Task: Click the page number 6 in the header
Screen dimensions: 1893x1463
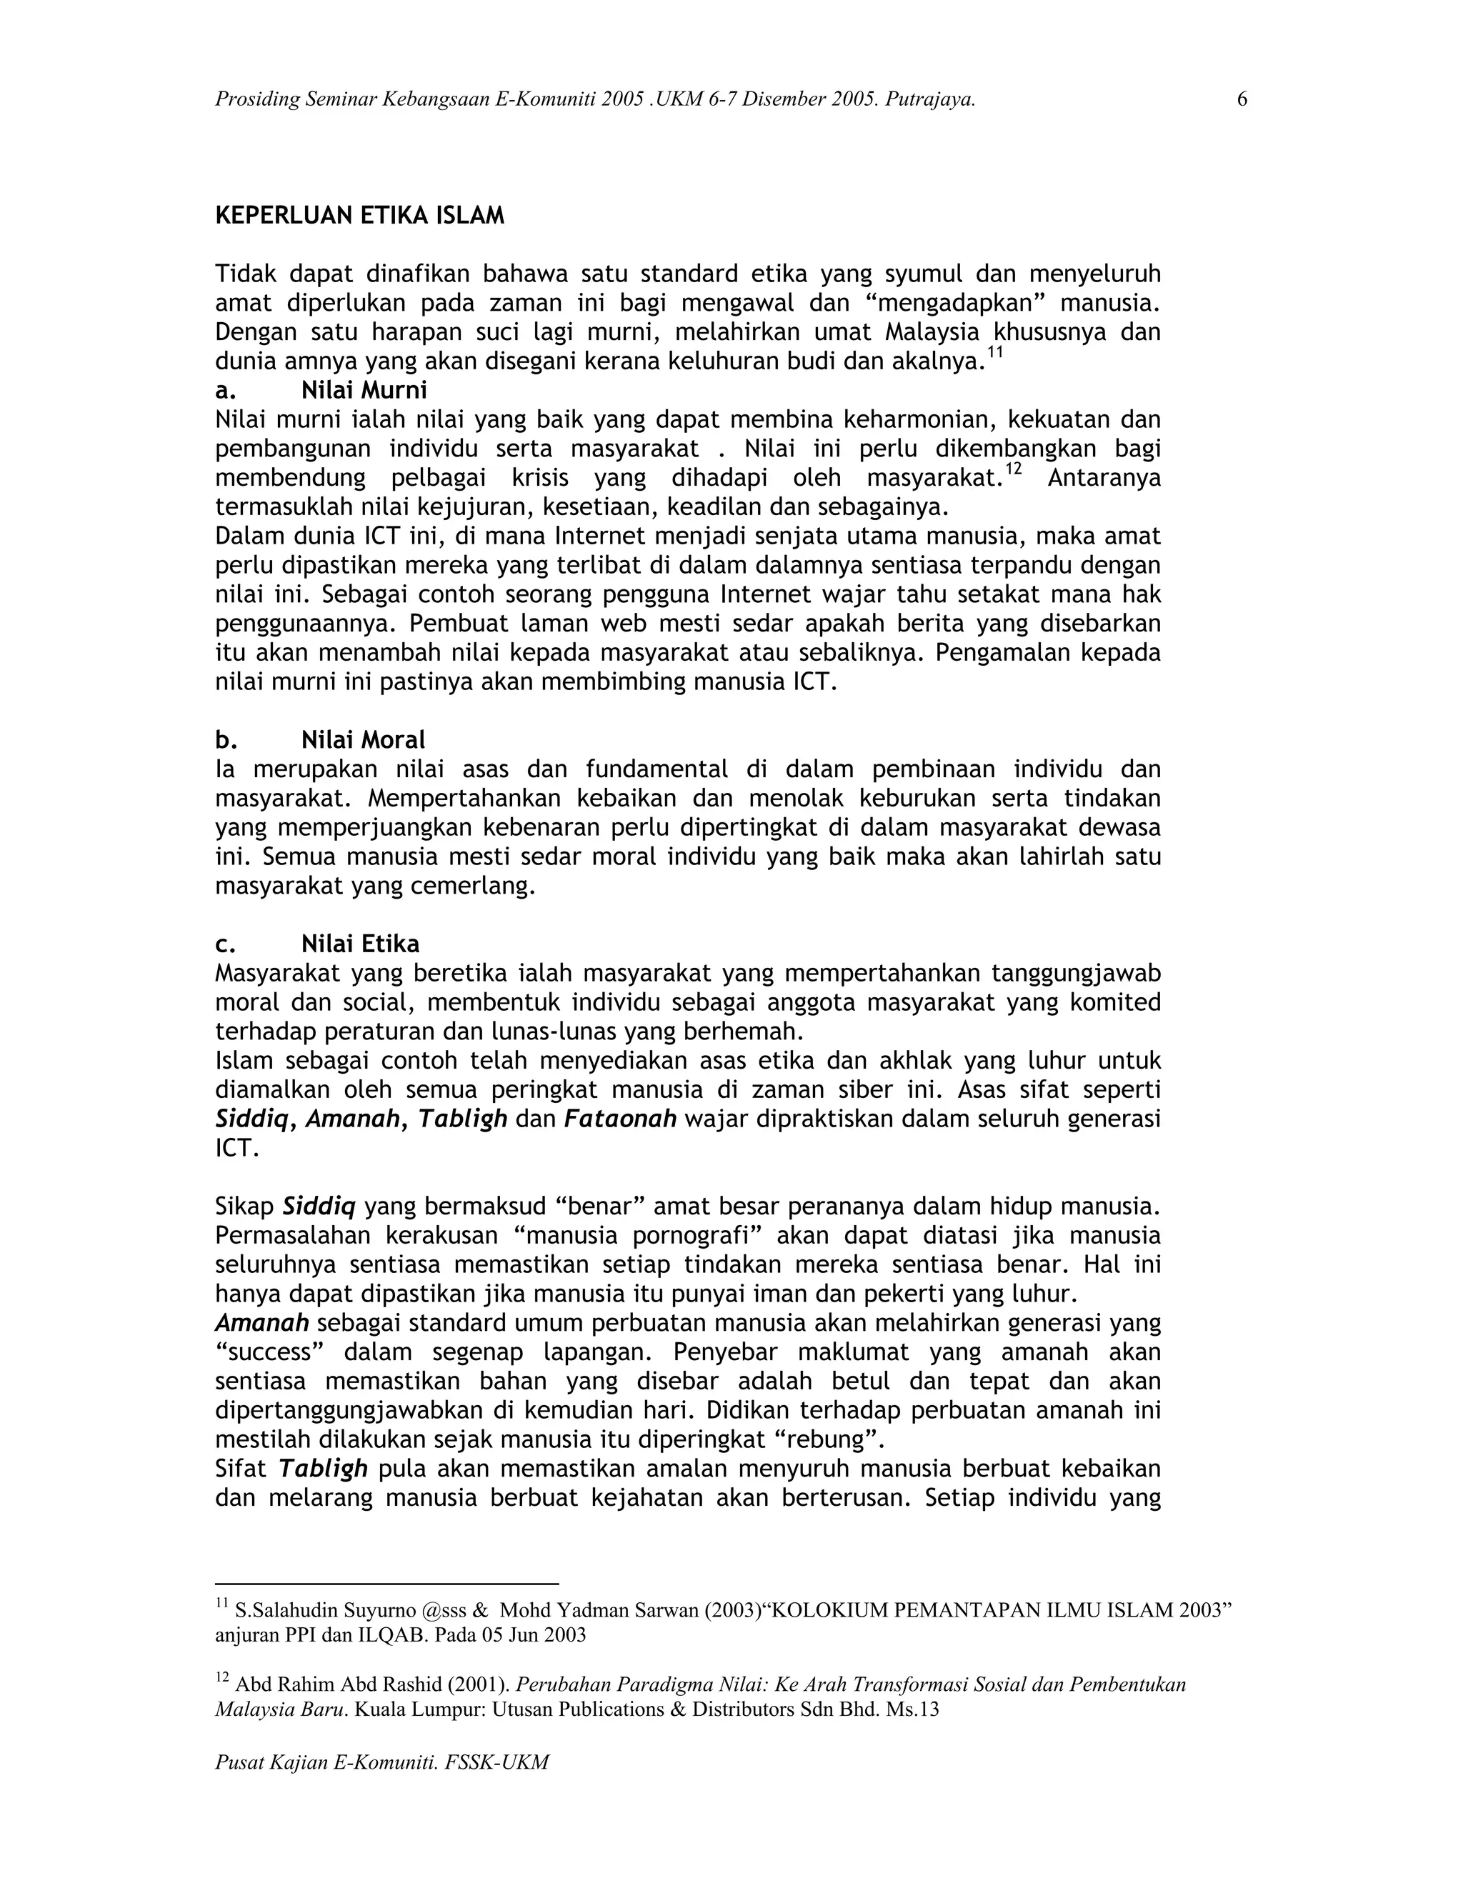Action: coord(1242,100)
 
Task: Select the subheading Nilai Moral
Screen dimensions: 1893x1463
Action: coord(362,740)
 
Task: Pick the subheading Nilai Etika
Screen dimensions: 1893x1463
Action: coord(360,944)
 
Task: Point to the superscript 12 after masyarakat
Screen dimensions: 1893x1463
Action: coord(1014,470)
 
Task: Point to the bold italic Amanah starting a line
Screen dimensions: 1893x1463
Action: coord(261,1323)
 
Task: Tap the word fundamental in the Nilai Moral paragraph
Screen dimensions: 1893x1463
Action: coord(658,769)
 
